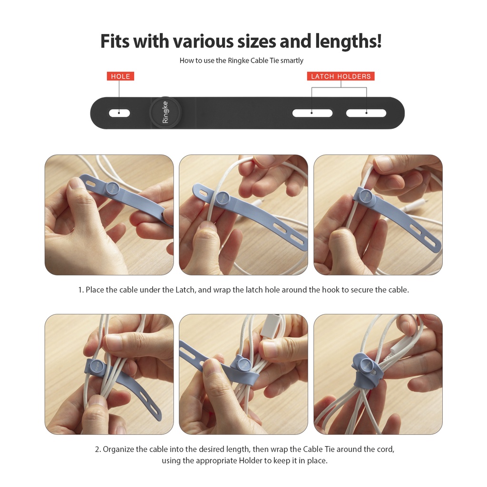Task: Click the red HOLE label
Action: coord(120,76)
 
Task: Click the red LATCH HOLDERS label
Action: coord(341,76)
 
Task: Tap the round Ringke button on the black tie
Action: coord(166,113)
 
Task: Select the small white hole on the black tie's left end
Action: coord(119,113)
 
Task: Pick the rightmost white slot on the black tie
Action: coord(366,113)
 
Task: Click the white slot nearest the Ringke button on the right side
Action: coord(312,113)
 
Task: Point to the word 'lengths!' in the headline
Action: coord(349,42)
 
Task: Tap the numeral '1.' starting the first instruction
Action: coord(81,290)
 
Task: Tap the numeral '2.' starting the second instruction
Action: coord(98,449)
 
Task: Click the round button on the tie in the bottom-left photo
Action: coord(96,366)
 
